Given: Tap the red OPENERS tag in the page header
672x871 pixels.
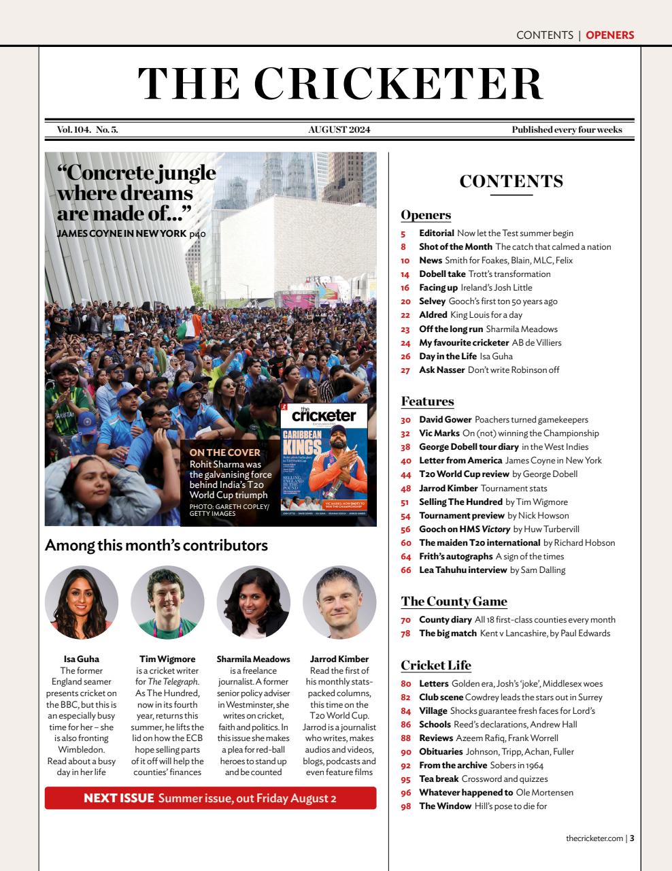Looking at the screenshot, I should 609,35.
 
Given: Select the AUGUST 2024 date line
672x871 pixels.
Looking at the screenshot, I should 339,130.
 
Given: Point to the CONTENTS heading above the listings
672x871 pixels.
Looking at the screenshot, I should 511,182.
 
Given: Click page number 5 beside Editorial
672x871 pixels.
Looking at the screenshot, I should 403,233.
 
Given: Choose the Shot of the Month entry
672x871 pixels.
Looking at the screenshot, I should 455,247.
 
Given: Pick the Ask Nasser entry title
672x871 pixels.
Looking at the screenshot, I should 442,370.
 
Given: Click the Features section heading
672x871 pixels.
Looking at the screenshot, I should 427,401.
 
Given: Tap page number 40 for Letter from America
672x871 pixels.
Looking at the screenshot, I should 406,461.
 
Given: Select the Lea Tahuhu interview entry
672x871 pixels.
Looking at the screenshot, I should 463,570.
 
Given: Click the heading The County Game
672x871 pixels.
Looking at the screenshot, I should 454,602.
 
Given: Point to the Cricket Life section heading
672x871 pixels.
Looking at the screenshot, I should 436,665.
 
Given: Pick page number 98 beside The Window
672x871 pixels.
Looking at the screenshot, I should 406,806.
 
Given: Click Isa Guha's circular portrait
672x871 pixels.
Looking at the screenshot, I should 82,602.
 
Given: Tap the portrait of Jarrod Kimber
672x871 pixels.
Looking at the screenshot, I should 339,602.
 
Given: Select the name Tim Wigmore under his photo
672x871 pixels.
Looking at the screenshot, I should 167,659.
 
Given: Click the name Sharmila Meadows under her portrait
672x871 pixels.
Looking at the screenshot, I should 253,659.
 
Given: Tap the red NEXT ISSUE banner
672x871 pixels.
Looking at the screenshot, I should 210,798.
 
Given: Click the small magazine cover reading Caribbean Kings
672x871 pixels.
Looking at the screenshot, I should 324,460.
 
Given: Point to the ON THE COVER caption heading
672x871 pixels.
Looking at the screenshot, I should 224,453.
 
